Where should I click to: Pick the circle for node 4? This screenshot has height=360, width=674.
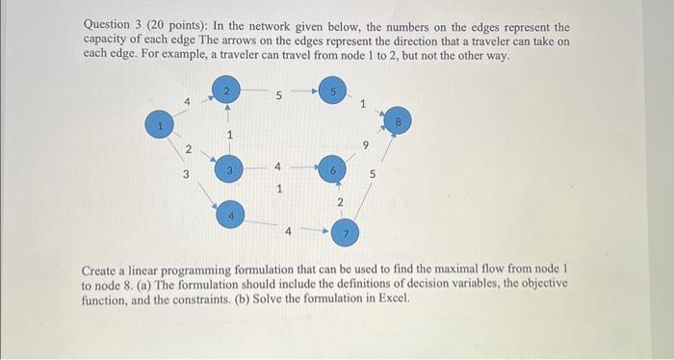pos(231,215)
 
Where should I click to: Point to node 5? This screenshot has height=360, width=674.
pos(332,91)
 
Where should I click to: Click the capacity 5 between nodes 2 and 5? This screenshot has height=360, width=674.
pos(279,95)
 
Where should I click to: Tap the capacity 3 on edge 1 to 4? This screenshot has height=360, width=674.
pos(187,173)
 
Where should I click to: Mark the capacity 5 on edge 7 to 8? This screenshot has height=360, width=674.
pos(373,175)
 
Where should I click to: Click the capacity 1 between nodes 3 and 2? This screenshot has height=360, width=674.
pos(230,135)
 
